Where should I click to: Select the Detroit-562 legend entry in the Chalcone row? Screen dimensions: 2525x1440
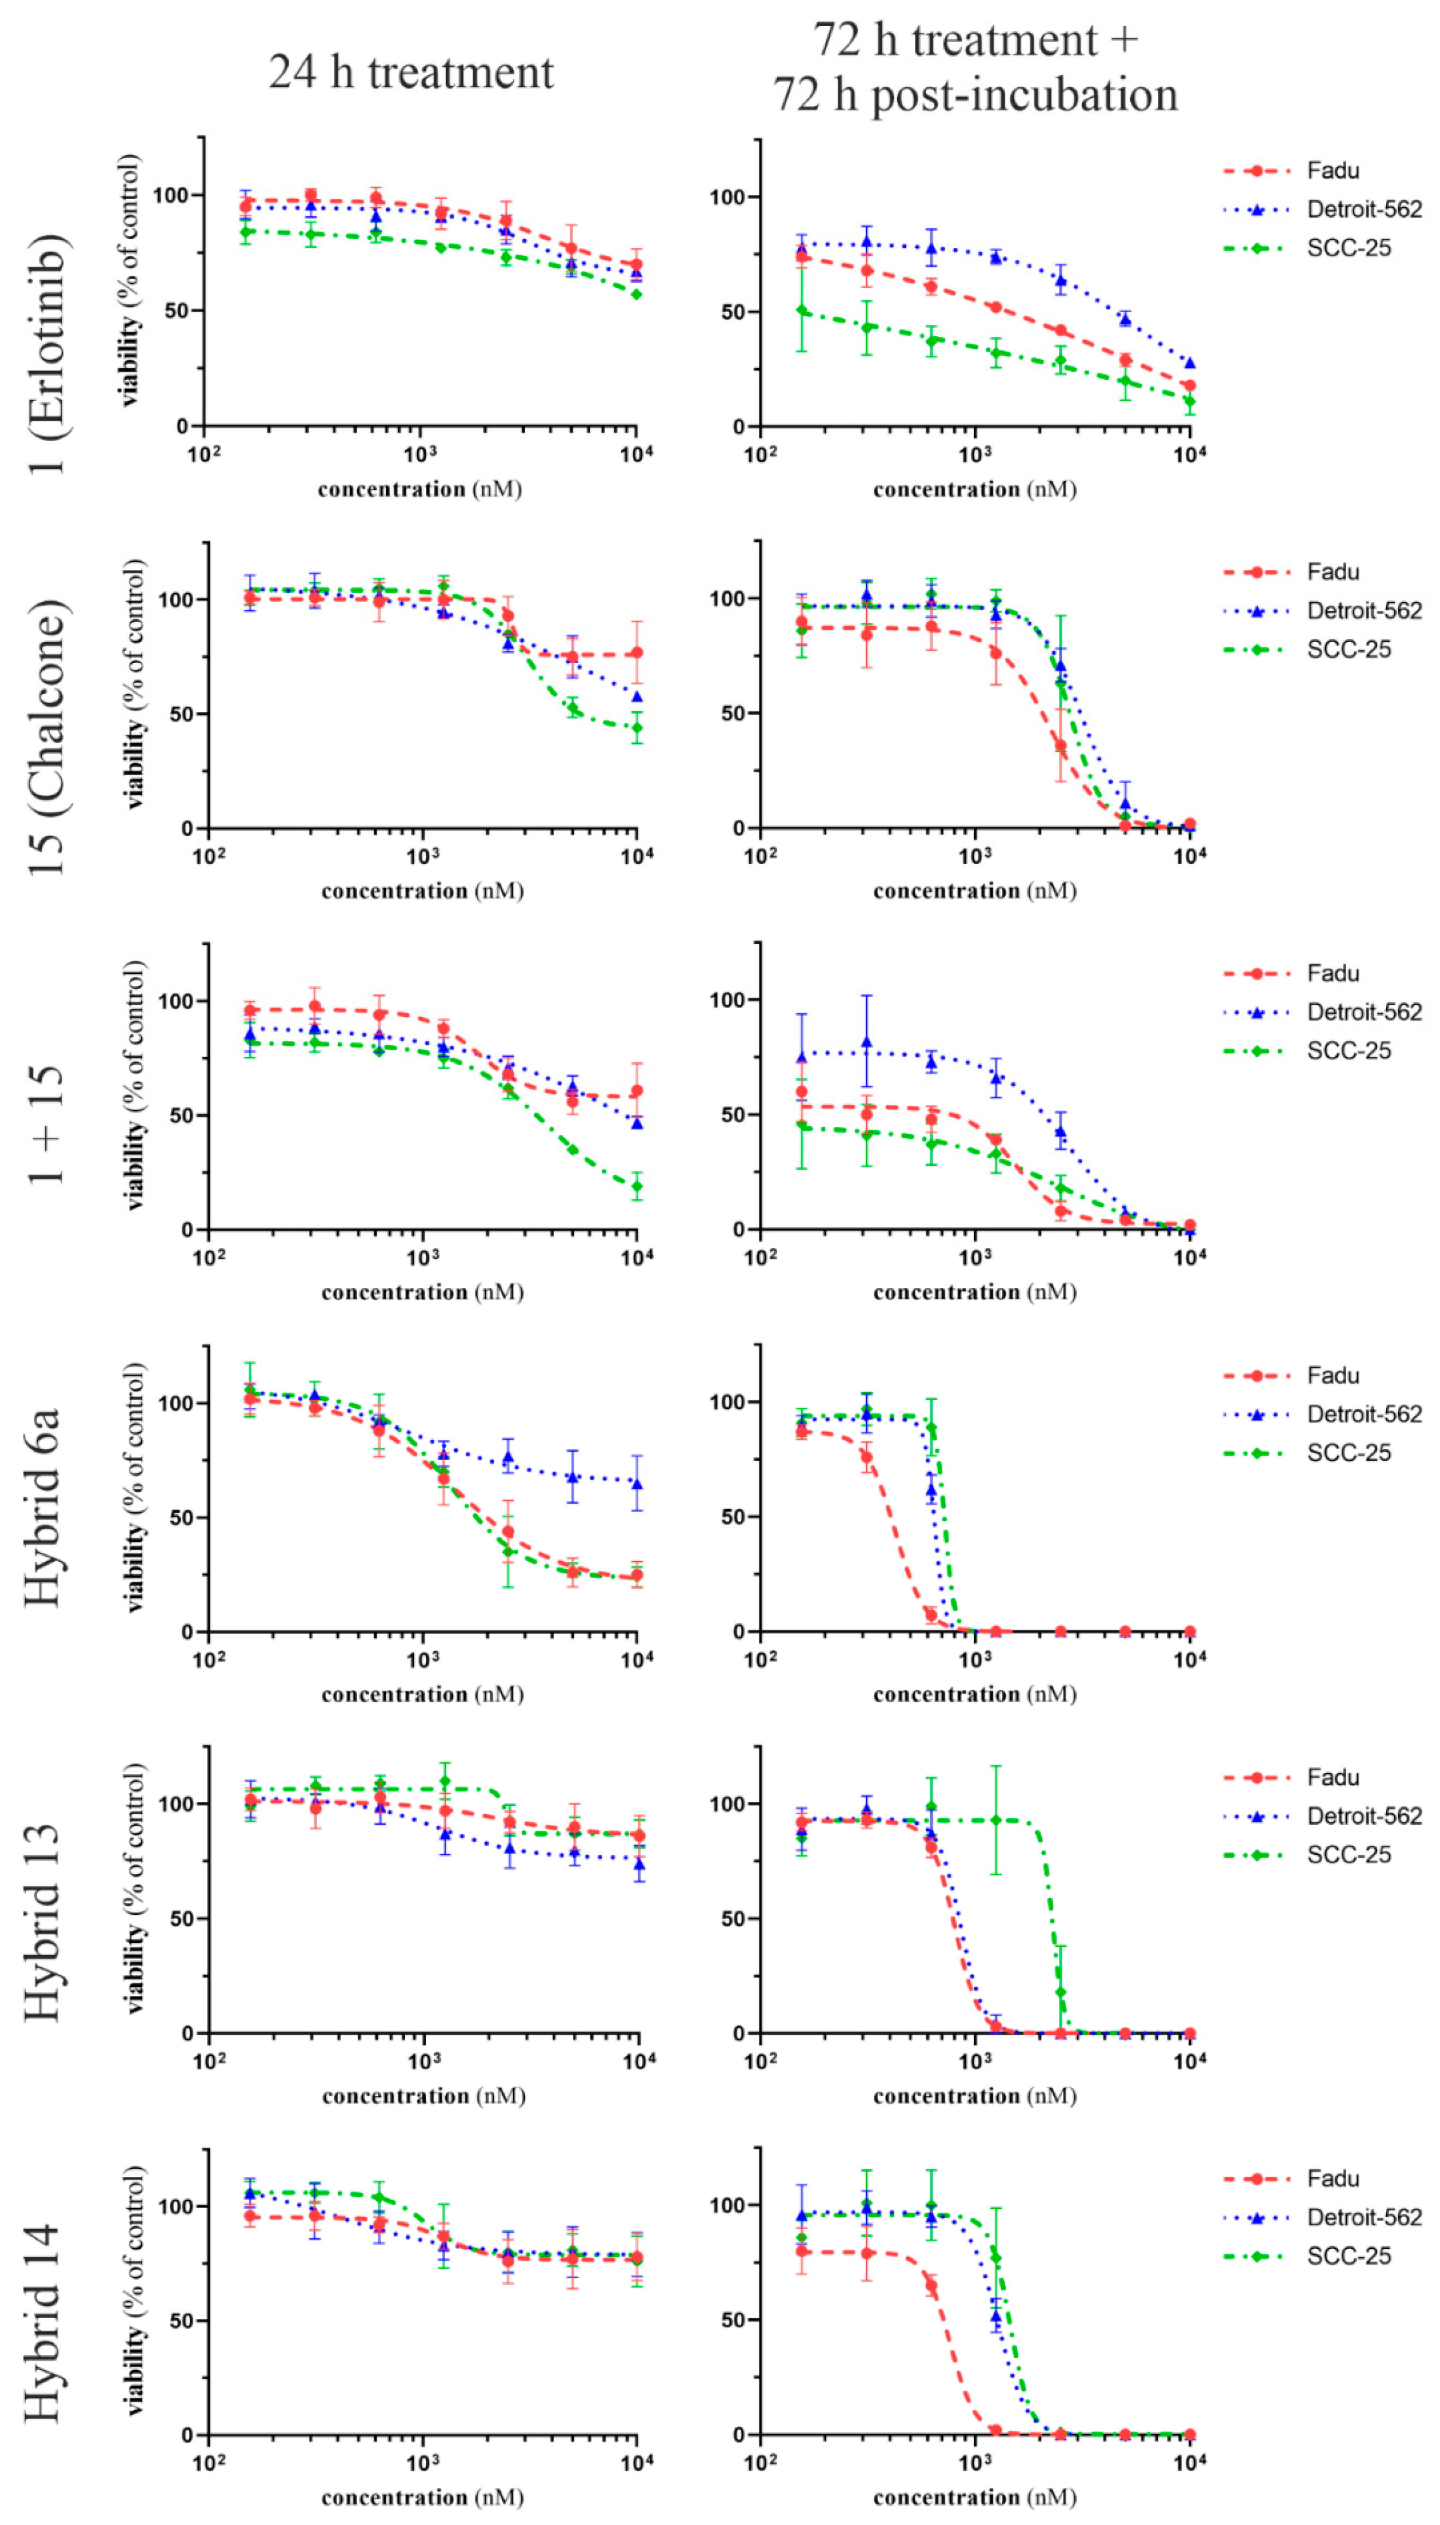[x=1363, y=610]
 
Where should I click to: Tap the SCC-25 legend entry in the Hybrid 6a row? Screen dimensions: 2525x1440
[x=1348, y=1452]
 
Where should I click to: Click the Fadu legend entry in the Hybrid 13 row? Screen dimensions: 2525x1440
[x=1331, y=1777]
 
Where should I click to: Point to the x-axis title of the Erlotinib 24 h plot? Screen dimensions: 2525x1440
[x=419, y=489]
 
